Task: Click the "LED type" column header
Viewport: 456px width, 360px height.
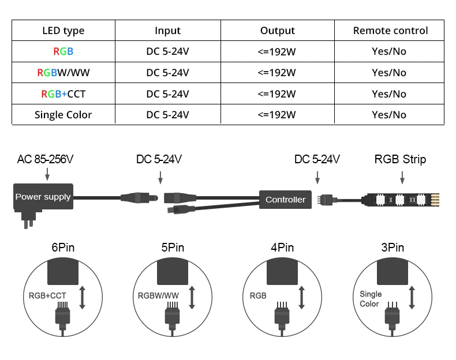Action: (63, 31)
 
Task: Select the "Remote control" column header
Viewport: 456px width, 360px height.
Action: (390, 31)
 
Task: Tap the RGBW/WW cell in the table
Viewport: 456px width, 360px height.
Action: (63, 73)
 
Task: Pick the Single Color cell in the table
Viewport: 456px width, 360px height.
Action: (63, 115)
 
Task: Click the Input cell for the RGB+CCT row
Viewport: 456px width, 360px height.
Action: (167, 93)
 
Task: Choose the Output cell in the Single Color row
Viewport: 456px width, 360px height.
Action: (277, 115)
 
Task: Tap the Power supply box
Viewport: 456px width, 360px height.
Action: (43, 197)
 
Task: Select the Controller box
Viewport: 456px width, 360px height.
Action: (285, 200)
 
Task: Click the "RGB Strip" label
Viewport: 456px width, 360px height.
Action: (400, 159)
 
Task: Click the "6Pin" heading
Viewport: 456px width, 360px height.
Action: (63, 247)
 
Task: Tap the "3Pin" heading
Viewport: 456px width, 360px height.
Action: (392, 247)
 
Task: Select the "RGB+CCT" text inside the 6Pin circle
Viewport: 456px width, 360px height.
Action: (47, 296)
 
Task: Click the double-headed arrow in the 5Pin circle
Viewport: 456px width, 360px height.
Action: (192, 296)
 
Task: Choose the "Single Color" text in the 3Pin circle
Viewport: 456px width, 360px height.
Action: (370, 299)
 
